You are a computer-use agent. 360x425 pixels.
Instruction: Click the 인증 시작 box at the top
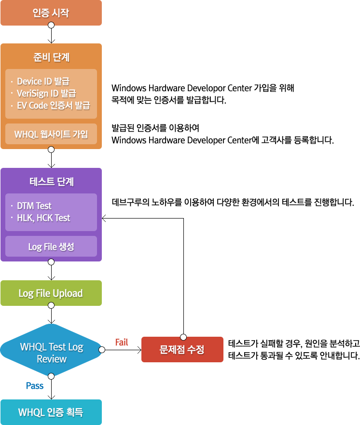tap(51, 13)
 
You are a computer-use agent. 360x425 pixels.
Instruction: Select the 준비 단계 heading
tap(51, 57)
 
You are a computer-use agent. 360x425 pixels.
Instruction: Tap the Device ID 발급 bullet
tap(43, 81)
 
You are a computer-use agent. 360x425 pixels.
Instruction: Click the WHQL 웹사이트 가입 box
tap(51, 134)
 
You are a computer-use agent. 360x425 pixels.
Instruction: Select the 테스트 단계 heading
tap(51, 182)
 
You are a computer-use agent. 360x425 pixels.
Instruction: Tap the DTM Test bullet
tap(34, 206)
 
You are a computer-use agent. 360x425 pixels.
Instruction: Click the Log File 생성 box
tap(51, 247)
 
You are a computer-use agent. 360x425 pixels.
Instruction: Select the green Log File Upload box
tap(51, 293)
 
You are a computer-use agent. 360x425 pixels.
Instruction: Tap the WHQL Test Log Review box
tap(52, 353)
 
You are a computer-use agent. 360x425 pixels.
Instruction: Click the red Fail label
tap(122, 342)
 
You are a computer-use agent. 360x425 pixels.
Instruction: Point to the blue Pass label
tap(35, 386)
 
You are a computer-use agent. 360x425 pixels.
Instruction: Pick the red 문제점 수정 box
tap(182, 349)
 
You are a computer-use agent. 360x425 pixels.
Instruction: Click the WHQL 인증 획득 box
tap(51, 412)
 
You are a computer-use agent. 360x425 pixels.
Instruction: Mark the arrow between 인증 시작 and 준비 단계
tap(51, 35)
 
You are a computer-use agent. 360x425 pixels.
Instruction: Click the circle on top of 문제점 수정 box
tap(183, 336)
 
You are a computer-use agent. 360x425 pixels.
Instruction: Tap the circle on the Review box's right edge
tap(102, 350)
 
